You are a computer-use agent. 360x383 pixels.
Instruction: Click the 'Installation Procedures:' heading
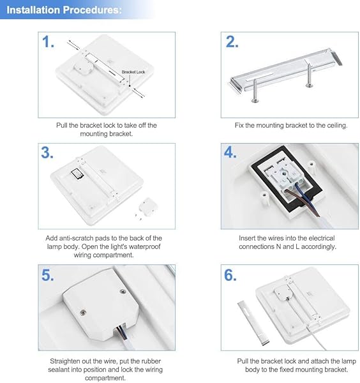click(x=64, y=10)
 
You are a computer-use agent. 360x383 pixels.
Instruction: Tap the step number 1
click(x=48, y=41)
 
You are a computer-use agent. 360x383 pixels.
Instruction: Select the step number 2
click(x=232, y=41)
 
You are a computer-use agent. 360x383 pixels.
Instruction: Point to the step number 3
click(x=47, y=153)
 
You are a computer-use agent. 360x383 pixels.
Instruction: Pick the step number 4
click(x=230, y=153)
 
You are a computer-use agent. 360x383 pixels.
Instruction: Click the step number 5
click(x=48, y=275)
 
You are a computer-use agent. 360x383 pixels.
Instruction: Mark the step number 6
click(x=230, y=275)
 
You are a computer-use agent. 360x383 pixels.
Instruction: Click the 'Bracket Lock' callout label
click(x=133, y=71)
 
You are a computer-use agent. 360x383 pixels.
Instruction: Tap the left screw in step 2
click(x=255, y=91)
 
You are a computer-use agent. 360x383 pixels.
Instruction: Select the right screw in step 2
click(x=309, y=75)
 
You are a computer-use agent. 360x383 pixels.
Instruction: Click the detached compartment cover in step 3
click(x=147, y=207)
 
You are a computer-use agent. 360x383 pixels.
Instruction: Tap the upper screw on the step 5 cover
click(x=123, y=292)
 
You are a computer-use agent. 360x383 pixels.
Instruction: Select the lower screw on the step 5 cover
click(x=83, y=312)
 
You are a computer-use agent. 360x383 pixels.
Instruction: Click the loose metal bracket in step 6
click(x=253, y=323)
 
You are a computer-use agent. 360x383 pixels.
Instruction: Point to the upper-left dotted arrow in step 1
click(x=73, y=45)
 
